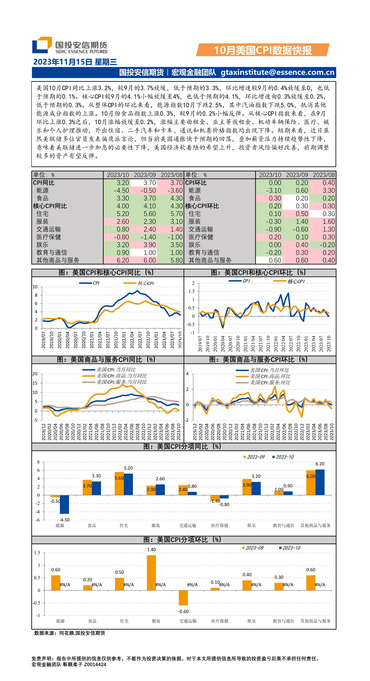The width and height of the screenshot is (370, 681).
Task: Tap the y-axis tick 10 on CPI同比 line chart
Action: click(x=35, y=287)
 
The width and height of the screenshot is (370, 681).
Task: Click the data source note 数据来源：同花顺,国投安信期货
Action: click(x=70, y=633)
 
